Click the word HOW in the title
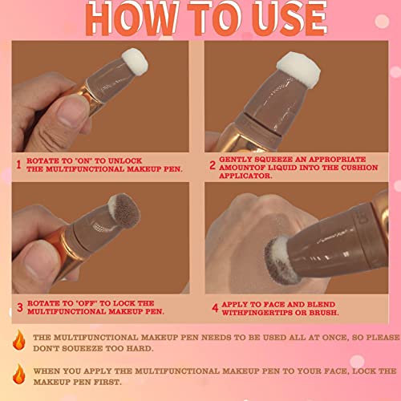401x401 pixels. click(x=125, y=19)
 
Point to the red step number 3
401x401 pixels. click(x=18, y=307)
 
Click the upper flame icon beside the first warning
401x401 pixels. click(x=20, y=341)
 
